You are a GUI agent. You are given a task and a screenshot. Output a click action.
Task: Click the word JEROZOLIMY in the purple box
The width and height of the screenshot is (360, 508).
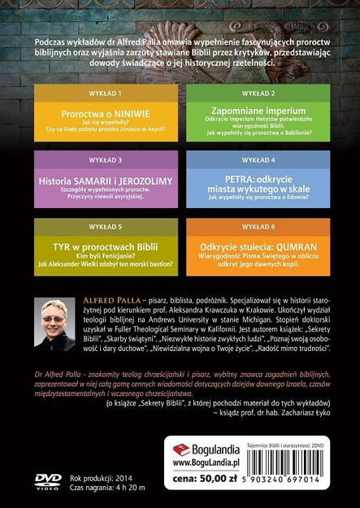(134, 174)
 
